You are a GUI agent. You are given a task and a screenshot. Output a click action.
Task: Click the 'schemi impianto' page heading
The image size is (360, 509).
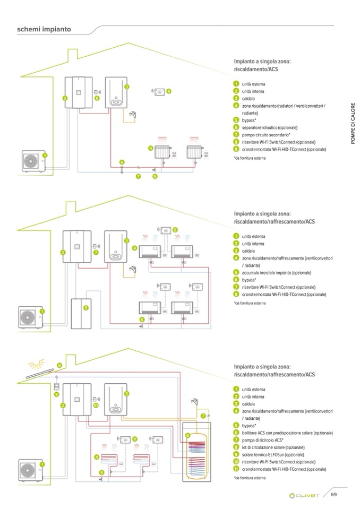coord(44,29)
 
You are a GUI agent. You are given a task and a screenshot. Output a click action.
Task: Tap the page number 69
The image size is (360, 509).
coord(334,495)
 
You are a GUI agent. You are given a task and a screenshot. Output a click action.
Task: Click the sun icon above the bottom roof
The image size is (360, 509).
coord(37,365)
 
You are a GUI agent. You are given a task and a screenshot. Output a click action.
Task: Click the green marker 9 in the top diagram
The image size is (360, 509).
coord(169,91)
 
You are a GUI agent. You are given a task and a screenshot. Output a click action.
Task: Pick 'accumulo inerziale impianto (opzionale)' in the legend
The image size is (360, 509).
coord(276,272)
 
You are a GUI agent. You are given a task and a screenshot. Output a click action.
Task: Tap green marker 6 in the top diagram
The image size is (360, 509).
coord(122,162)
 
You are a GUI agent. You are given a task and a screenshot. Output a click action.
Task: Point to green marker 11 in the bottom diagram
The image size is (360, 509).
coord(135,438)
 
